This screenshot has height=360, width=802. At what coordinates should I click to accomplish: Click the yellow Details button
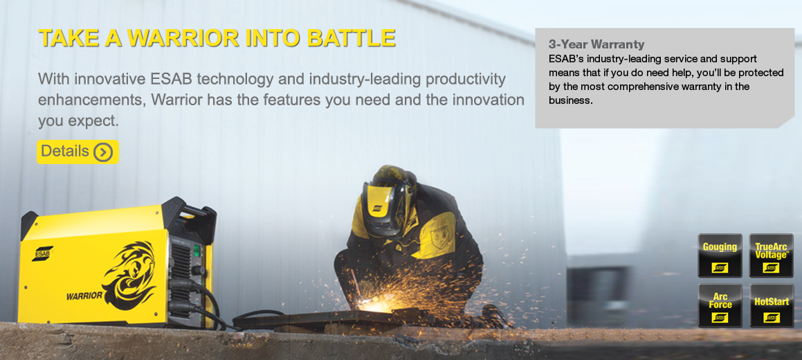(x=78, y=152)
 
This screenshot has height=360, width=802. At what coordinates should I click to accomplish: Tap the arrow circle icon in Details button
(x=103, y=152)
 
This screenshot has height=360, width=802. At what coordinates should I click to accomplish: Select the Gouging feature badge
(x=720, y=255)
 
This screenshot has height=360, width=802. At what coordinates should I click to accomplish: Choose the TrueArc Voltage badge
(x=772, y=255)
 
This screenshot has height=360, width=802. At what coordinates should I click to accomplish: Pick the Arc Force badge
(x=720, y=305)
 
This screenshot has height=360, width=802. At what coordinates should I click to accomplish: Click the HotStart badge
(x=772, y=305)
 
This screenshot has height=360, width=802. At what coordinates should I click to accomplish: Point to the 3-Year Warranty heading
(x=596, y=44)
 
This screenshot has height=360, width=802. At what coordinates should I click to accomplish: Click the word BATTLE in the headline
(x=352, y=38)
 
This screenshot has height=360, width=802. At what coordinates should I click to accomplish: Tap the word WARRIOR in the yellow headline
(x=183, y=38)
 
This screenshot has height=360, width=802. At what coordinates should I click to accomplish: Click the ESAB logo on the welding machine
(x=42, y=253)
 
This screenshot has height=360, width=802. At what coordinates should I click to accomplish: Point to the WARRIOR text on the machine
(x=84, y=296)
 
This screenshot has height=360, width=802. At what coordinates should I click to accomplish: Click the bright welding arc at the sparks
(x=376, y=306)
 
